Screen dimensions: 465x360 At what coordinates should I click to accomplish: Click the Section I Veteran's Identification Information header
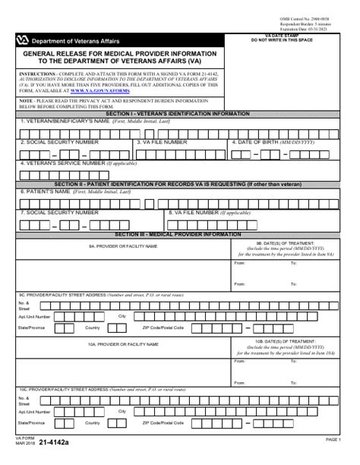coord(179,113)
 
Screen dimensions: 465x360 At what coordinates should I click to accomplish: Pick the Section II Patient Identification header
coord(179,184)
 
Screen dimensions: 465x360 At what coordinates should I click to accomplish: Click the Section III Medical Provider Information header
coord(179,234)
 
